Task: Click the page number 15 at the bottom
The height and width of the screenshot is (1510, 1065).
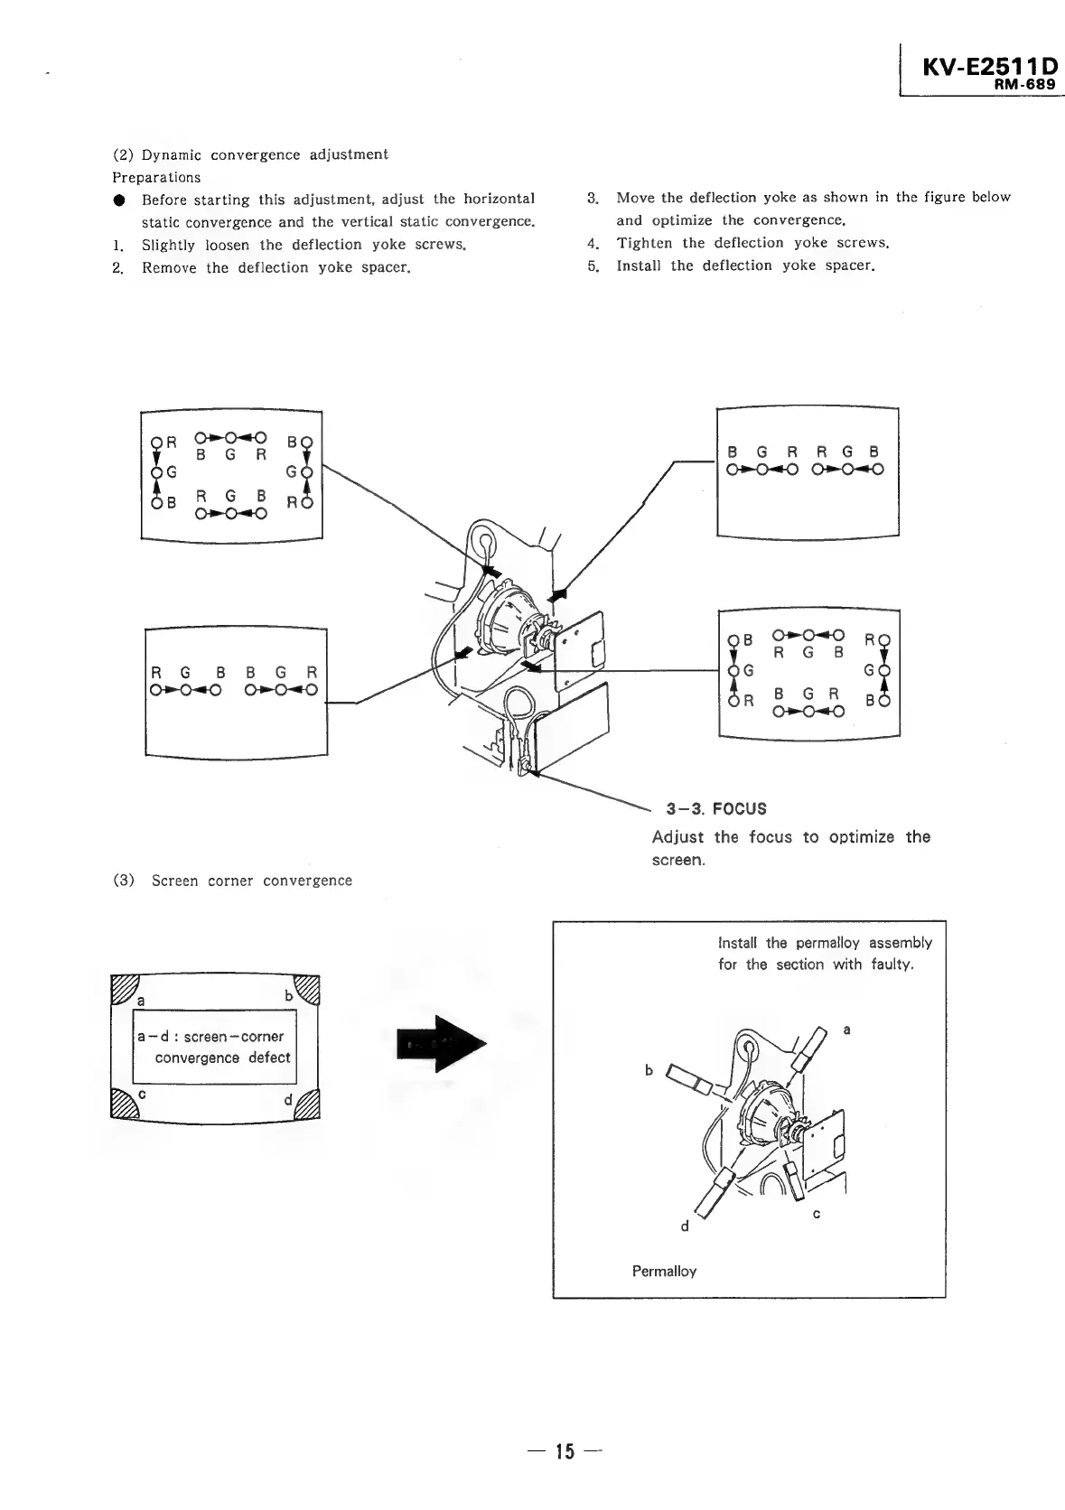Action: tap(565, 1451)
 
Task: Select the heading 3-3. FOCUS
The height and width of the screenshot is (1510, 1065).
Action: tap(716, 808)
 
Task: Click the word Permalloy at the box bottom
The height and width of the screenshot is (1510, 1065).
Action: tap(664, 1271)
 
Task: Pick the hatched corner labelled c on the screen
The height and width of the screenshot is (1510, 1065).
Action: tap(122, 1103)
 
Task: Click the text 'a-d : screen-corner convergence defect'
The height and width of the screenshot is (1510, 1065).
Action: tap(214, 1047)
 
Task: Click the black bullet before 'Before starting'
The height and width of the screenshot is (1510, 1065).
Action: tap(118, 200)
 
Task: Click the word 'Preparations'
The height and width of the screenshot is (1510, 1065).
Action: tap(156, 177)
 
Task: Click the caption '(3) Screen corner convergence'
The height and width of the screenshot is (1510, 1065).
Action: tap(232, 881)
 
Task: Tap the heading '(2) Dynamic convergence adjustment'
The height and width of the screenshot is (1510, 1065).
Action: tap(250, 154)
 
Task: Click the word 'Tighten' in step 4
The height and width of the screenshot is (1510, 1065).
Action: tap(642, 243)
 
